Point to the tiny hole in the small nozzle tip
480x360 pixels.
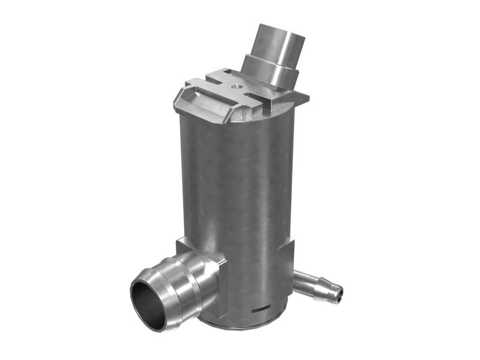tap(340, 294)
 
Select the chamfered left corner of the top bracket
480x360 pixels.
tap(181, 99)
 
